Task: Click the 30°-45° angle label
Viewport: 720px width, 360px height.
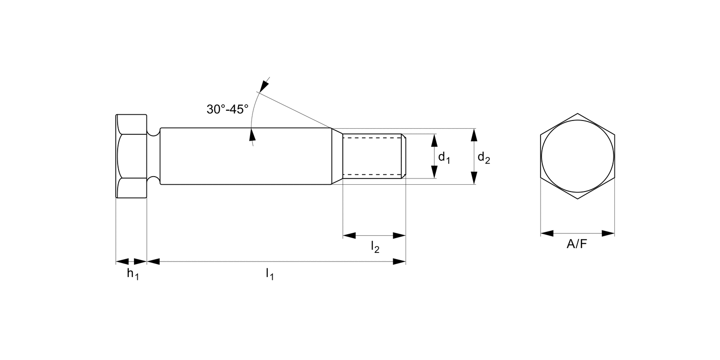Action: tap(228, 109)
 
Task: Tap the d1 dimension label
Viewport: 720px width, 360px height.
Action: tap(444, 157)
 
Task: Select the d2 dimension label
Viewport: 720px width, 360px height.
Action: tap(483, 157)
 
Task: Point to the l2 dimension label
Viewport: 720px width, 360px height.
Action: tap(375, 247)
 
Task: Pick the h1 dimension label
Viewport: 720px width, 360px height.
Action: tap(132, 275)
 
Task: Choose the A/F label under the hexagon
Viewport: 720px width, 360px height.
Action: tap(577, 244)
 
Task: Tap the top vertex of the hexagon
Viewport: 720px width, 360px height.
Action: tap(577, 114)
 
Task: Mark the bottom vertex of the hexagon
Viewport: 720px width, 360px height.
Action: tap(577, 199)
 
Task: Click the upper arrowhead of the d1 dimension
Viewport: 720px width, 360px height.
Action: tap(434, 140)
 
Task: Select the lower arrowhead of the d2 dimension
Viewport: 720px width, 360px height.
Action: tap(474, 178)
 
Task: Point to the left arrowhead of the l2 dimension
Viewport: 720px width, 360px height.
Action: tap(349, 236)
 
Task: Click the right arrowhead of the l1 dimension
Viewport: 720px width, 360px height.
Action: tap(399, 262)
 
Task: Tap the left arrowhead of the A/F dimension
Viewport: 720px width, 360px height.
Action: tap(547, 234)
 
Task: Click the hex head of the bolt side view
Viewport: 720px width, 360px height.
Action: tap(132, 156)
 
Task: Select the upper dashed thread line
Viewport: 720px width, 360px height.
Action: tap(372, 138)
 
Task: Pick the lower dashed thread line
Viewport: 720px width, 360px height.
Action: tap(372, 175)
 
